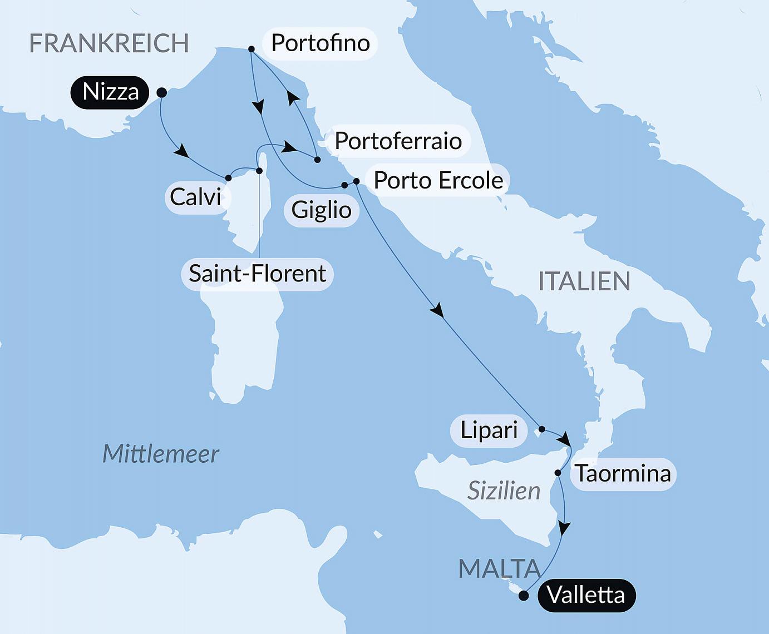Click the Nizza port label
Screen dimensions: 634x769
(x=110, y=92)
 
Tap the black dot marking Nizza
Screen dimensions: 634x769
(x=162, y=92)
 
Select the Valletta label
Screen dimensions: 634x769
(x=586, y=595)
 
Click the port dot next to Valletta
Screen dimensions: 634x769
(x=523, y=596)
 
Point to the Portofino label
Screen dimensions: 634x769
(x=320, y=43)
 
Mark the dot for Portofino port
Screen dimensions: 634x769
(x=252, y=49)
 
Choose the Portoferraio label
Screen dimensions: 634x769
(x=398, y=141)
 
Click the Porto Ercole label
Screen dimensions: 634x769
(x=438, y=180)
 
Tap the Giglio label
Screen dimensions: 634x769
(x=321, y=210)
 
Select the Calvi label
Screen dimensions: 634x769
(x=195, y=197)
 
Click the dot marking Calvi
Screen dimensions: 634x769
(x=228, y=178)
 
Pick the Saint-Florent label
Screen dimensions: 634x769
(x=257, y=274)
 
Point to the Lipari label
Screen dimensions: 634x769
(x=489, y=430)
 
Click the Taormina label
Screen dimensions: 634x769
(x=623, y=474)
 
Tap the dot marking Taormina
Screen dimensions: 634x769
(x=558, y=473)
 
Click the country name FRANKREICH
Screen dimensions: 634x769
(x=109, y=43)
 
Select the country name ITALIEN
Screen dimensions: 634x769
(x=584, y=281)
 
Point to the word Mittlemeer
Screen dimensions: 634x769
(x=161, y=454)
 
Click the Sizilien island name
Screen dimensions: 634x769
(x=504, y=491)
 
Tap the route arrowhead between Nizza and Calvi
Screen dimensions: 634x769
(x=180, y=151)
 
